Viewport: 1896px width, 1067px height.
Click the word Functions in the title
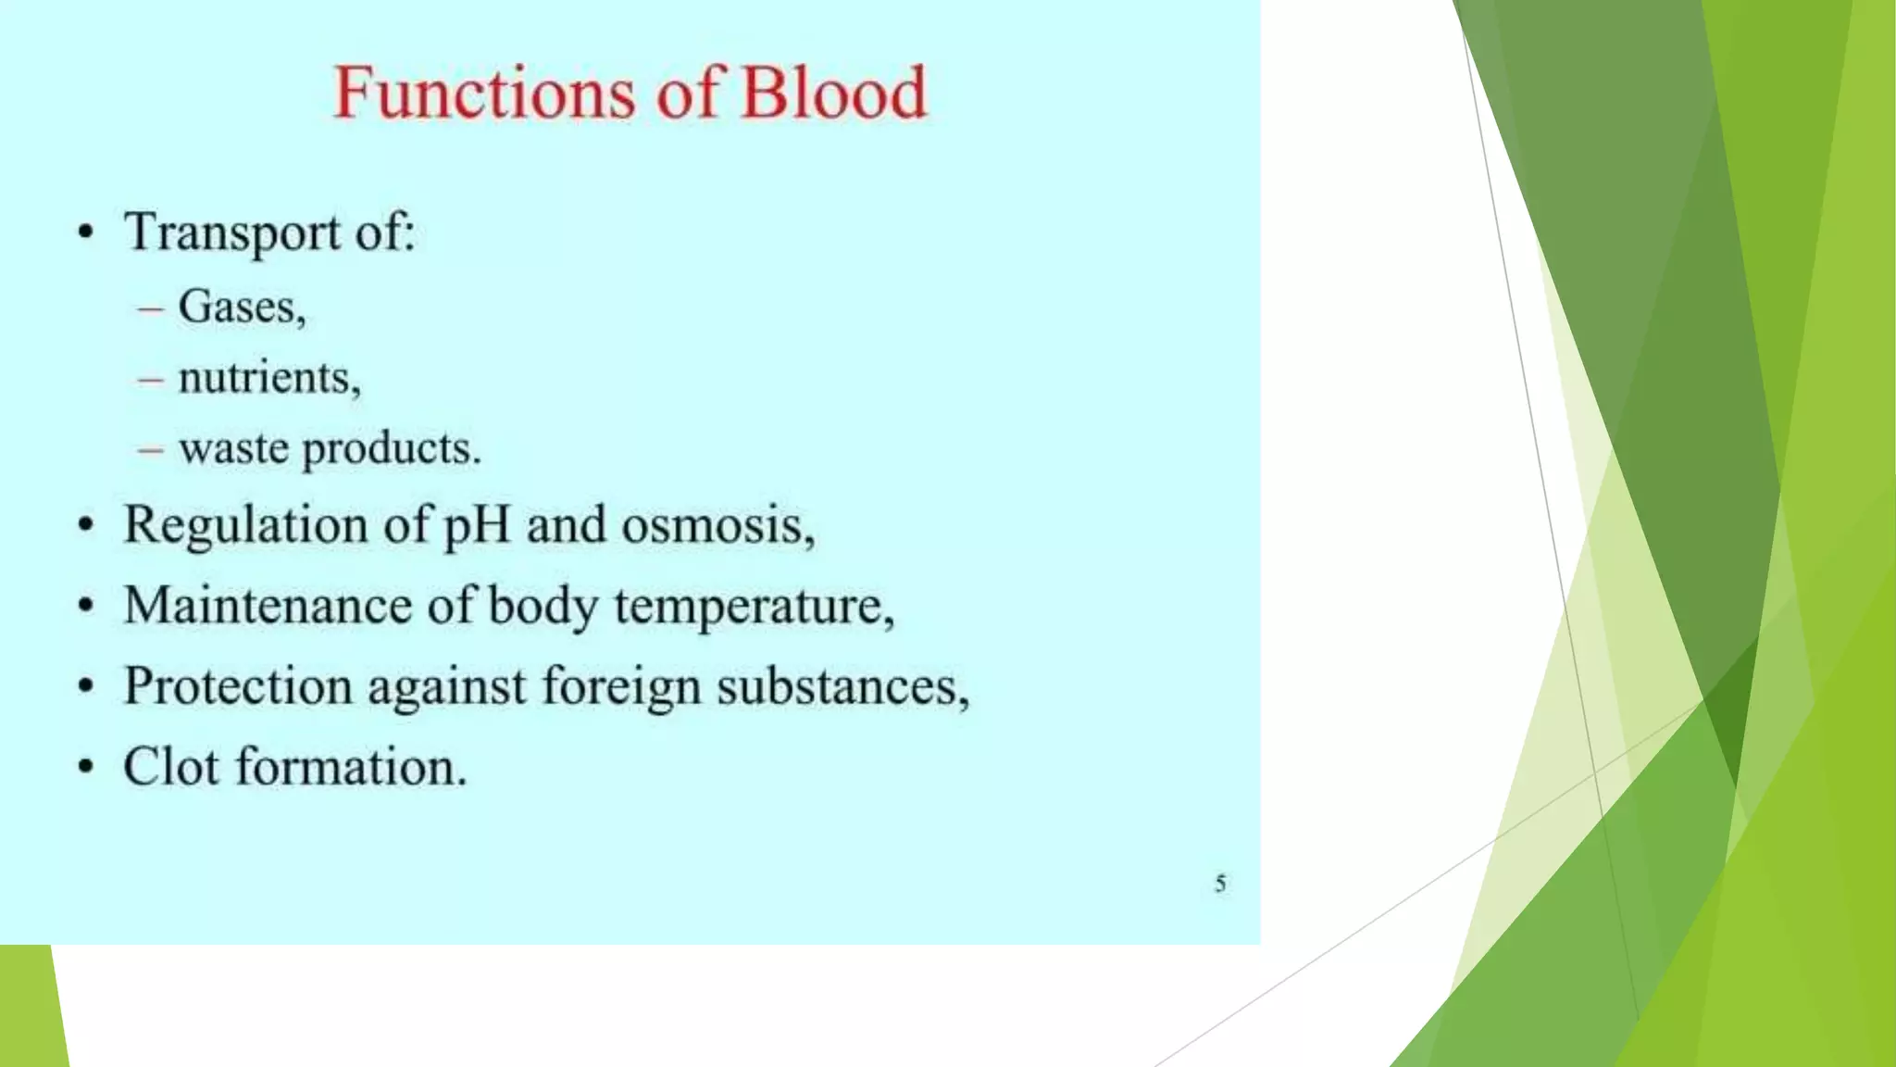pyautogui.click(x=484, y=93)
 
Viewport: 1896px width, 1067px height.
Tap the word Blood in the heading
pyautogui.click(x=833, y=93)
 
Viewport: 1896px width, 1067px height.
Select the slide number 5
pyautogui.click(x=1220, y=884)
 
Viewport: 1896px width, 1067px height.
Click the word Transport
pyautogui.click(x=232, y=232)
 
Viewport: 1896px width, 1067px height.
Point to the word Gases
pyautogui.click(x=241, y=307)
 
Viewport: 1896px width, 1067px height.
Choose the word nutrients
pyautogui.click(x=268, y=378)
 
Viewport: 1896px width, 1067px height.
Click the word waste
pyautogui.click(x=233, y=449)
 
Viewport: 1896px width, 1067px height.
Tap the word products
pyautogui.click(x=392, y=449)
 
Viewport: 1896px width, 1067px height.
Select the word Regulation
pyautogui.click(x=245, y=525)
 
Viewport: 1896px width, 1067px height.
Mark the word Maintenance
pyautogui.click(x=268, y=606)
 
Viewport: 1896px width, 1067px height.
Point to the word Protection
pyautogui.click(x=238, y=686)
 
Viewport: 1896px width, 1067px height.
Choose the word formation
pyautogui.click(x=351, y=767)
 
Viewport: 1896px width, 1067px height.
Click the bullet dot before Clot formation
pyautogui.click(x=86, y=767)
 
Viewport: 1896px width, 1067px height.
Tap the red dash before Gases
pyautogui.click(x=150, y=308)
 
